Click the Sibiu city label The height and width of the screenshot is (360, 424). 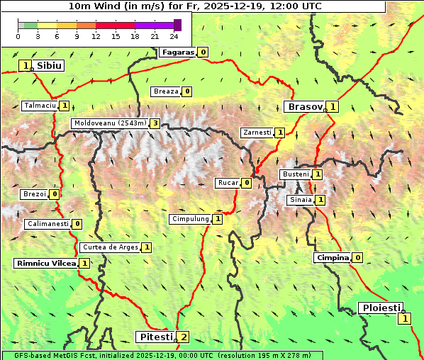(x=50, y=65)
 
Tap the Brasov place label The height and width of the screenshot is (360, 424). (x=304, y=106)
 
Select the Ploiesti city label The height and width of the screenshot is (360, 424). (x=381, y=308)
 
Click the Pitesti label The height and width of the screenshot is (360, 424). (x=155, y=336)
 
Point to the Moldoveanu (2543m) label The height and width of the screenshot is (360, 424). (x=110, y=123)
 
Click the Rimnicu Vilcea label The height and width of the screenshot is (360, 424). (x=45, y=263)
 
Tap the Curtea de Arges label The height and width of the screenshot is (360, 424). (x=110, y=247)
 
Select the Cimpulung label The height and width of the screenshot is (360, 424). (x=190, y=219)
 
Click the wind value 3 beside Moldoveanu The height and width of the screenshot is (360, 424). (x=155, y=123)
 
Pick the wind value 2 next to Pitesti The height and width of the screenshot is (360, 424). (x=184, y=337)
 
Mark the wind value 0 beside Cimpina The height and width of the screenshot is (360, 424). (x=357, y=257)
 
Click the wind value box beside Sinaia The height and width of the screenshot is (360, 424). (x=320, y=200)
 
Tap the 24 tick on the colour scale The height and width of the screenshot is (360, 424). (x=174, y=36)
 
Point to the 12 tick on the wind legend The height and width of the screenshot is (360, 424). (x=96, y=36)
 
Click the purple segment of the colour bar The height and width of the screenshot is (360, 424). (x=153, y=25)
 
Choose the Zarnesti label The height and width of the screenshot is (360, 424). (x=257, y=133)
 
